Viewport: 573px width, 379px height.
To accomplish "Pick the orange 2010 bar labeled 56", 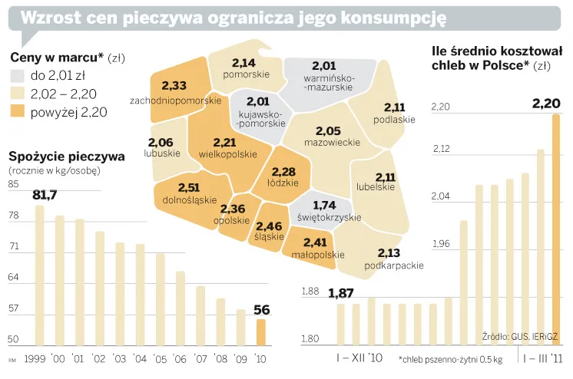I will (x=261, y=331).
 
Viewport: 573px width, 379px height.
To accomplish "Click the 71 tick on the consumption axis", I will (x=14, y=247).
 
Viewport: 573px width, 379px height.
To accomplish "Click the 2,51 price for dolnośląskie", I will (x=189, y=188).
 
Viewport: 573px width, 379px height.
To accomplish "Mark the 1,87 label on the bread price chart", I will (x=340, y=293).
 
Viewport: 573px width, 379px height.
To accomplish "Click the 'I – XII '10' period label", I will (x=359, y=358).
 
